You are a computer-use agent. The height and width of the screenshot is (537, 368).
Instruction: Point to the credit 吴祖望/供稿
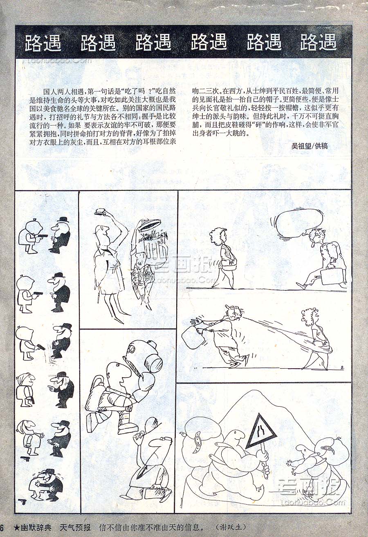click(x=310, y=146)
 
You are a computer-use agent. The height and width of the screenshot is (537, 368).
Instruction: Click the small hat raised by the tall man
click(x=101, y=211)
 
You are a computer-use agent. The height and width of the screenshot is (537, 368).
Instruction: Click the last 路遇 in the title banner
click(x=318, y=43)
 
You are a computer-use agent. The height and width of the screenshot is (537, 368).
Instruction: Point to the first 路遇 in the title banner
click(x=43, y=43)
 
